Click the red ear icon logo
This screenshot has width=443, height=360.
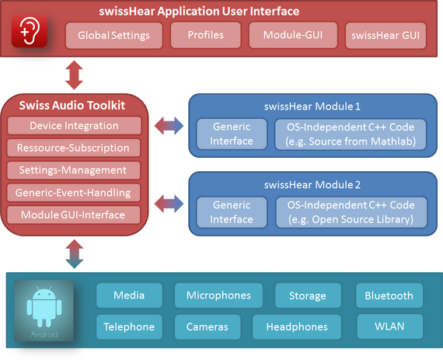pyautogui.click(x=29, y=31)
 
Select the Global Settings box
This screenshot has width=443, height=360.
pyautogui.click(x=113, y=35)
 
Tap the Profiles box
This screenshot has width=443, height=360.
pyautogui.click(x=206, y=35)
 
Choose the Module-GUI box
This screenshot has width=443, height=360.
pyautogui.click(x=293, y=35)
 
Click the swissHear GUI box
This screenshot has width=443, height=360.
pyautogui.click(x=385, y=35)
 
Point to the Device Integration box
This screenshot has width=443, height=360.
pyautogui.click(x=74, y=125)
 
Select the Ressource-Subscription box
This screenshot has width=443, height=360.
pyautogui.click(x=74, y=148)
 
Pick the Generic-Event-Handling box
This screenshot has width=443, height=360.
pyautogui.click(x=74, y=192)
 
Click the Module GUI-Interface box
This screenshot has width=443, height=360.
pyautogui.click(x=74, y=215)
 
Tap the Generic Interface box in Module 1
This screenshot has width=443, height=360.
pyautogui.click(x=232, y=134)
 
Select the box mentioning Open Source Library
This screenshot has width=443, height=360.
pyautogui.click(x=351, y=212)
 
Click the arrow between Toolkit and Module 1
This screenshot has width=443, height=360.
pyautogui.click(x=169, y=125)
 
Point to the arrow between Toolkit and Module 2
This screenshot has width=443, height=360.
pyautogui.click(x=169, y=204)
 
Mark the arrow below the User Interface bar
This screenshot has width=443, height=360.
pyautogui.click(x=74, y=75)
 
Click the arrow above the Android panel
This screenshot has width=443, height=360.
pyautogui.click(x=74, y=253)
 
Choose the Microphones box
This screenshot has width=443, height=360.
pyautogui.click(x=218, y=295)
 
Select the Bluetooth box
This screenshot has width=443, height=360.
pyautogui.click(x=389, y=295)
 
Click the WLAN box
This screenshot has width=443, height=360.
pyautogui.click(x=389, y=327)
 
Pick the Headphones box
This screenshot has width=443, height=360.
pyautogui.click(x=297, y=327)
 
